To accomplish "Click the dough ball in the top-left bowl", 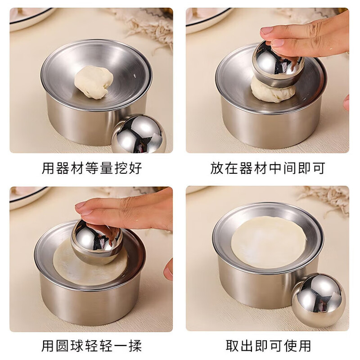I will pyautogui.click(x=94, y=82).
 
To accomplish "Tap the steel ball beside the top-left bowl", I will pyautogui.click(x=139, y=134).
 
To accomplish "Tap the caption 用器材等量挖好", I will pyautogui.click(x=92, y=168).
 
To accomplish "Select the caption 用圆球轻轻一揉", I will pyautogui.click(x=92, y=346).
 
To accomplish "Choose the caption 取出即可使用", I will pyautogui.click(x=268, y=346).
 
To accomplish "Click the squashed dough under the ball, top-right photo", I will pyautogui.click(x=273, y=91).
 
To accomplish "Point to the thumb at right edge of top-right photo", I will pyautogui.click(x=346, y=103).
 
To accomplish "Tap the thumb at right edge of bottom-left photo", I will pyautogui.click(x=169, y=269).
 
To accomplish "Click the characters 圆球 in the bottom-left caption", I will pyautogui.click(x=73, y=346).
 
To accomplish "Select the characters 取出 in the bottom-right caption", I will pyautogui.click(x=239, y=346).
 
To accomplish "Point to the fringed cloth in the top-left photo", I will pyautogui.click(x=144, y=22).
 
